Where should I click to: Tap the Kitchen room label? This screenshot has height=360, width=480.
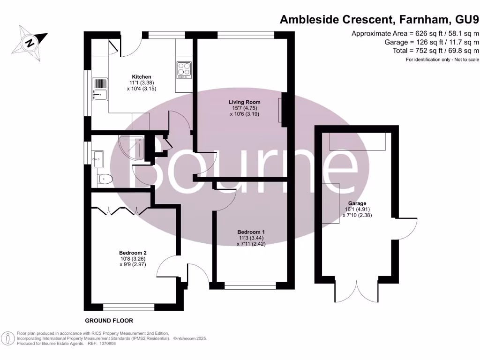(141, 77)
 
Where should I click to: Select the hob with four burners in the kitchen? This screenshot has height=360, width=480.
(184, 69)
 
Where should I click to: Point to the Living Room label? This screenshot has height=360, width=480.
(244, 102)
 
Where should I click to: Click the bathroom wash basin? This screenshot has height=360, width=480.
(98, 159)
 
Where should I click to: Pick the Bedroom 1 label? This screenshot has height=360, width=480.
(251, 232)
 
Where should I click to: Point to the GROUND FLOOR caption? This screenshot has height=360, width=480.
(109, 321)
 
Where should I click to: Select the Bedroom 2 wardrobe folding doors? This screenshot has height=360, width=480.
(120, 210)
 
